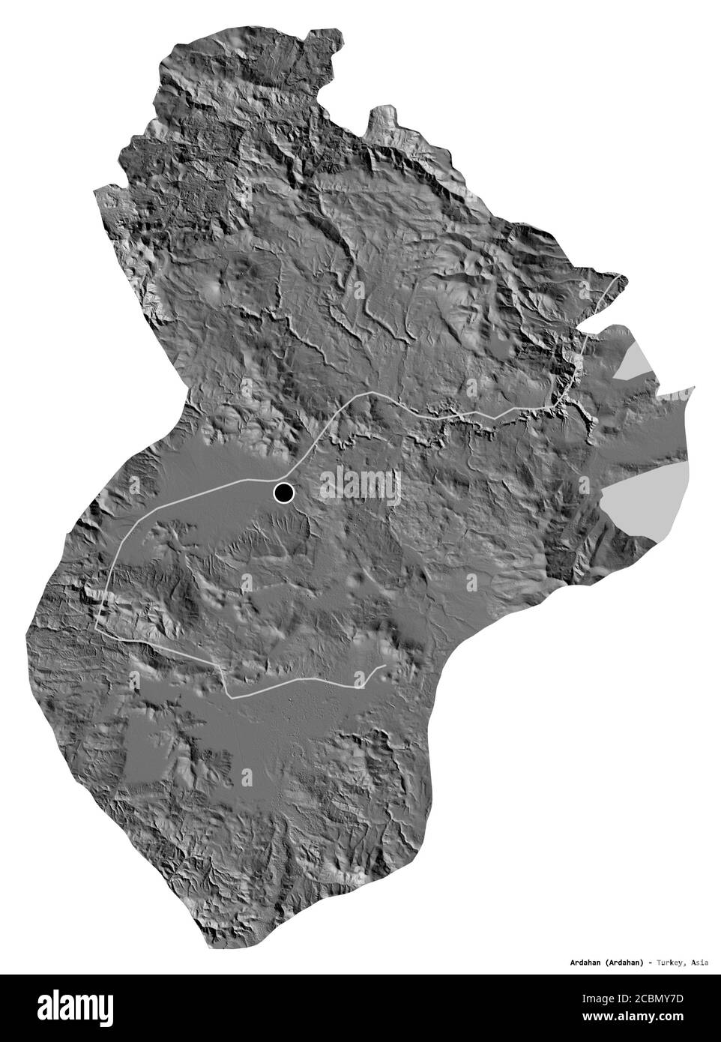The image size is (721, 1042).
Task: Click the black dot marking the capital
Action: [283, 493]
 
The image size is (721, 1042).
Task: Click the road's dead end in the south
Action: [385, 666]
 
